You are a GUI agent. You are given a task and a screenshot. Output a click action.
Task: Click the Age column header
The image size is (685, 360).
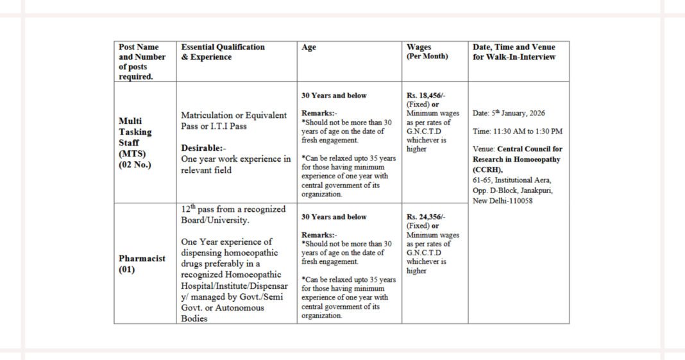pos(309,47)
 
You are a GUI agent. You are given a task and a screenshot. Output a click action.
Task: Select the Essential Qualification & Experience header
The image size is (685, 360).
pos(223,52)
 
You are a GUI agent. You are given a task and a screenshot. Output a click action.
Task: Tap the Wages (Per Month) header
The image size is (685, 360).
pos(427,51)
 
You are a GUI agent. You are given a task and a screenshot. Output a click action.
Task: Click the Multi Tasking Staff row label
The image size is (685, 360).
pos(135,137)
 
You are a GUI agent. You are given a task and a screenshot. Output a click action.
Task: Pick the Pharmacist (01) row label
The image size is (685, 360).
pos(142,264)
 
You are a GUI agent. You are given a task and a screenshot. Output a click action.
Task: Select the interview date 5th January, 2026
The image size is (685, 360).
pos(509,113)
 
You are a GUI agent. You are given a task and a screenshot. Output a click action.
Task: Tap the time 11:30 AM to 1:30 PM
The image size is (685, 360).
pos(518,131)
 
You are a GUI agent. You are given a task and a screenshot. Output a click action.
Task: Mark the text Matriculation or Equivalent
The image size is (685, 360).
pos(233,116)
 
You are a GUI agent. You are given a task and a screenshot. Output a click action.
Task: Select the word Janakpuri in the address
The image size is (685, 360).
pos(536,191)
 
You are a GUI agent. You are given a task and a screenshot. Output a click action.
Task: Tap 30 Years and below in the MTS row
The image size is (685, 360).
pos(334,96)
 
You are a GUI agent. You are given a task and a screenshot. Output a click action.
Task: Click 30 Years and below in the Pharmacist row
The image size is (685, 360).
pos(334,217)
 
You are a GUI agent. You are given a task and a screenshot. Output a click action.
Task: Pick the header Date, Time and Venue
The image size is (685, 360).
pos(514,47)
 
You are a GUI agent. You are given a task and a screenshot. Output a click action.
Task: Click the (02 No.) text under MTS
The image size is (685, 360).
pos(135,165)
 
